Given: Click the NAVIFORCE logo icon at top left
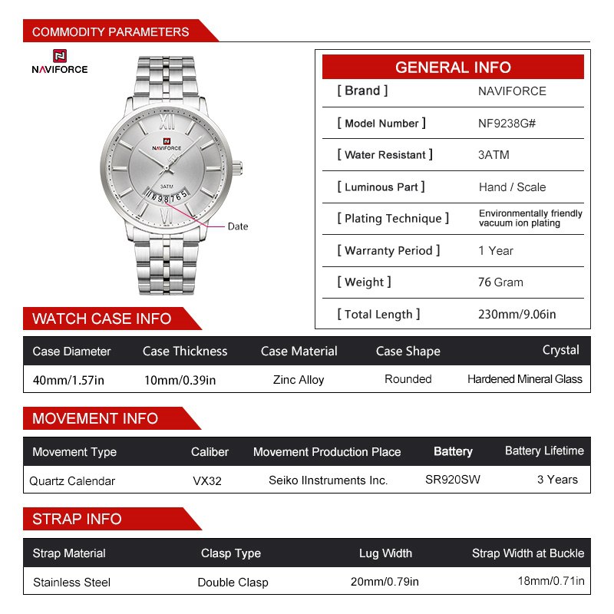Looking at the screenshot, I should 59,56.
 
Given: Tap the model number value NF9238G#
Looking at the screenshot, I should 507,123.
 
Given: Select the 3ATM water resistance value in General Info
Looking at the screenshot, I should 494,155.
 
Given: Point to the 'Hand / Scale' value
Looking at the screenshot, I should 512,187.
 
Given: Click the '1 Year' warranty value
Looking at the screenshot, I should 496,251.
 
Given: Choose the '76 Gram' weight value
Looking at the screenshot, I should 500,282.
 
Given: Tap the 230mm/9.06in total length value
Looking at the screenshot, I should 517,314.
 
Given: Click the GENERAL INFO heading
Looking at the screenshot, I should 453,68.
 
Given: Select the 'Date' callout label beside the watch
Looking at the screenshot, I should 238,226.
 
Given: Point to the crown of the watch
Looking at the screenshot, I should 242,170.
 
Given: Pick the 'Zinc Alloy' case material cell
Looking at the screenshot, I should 299,380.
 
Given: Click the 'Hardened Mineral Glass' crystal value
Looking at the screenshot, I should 525,379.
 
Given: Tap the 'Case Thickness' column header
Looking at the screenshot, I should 185,352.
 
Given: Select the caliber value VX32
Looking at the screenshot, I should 207,481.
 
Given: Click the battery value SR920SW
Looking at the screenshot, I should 453,480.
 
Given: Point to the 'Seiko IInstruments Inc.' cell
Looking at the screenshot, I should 328,480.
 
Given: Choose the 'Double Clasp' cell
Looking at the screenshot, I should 233,583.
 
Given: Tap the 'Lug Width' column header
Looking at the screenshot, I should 385,553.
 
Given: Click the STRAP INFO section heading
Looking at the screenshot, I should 77,520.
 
